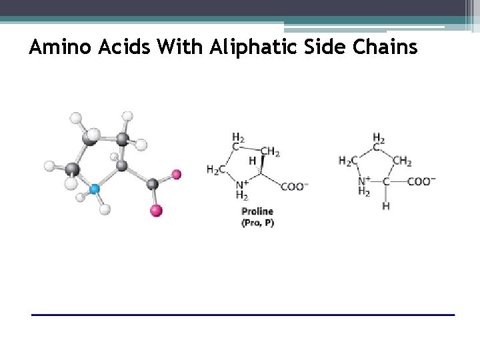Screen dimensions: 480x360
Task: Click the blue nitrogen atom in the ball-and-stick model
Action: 95,189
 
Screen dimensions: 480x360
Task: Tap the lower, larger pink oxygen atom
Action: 156,211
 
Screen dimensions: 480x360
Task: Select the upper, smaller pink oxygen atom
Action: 176,175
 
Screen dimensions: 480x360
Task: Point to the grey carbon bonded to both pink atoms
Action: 152,183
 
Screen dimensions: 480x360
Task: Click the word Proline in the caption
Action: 257,212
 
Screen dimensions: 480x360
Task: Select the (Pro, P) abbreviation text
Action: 257,223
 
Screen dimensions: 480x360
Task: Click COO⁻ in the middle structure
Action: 294,187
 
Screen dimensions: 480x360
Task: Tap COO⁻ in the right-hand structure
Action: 421,181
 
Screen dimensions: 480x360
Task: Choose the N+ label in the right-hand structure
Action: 365,181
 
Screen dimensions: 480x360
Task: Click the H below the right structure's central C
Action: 386,206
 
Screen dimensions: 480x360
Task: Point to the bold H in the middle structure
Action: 252,161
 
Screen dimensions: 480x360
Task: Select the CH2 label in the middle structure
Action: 269,151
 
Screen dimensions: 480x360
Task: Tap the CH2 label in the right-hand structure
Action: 402,161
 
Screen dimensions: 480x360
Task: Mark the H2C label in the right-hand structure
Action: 348,161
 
